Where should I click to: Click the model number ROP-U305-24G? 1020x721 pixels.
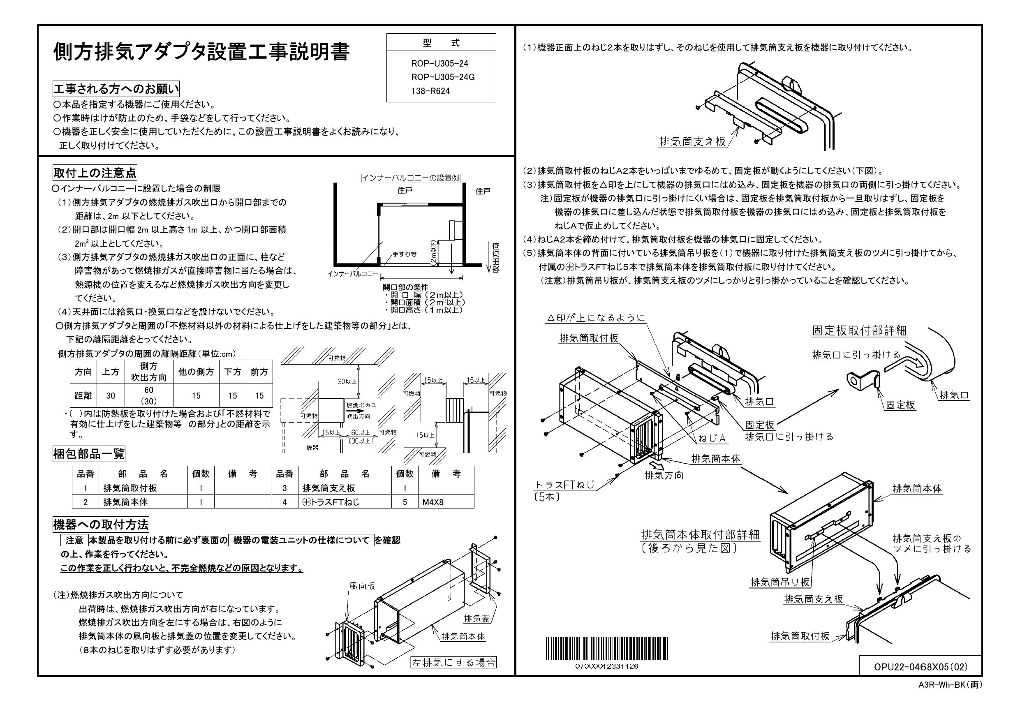tap(442, 77)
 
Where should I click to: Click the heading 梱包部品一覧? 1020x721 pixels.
tap(89, 453)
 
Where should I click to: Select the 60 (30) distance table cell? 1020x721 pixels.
tap(148, 395)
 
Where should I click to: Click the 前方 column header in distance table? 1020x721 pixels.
tap(259, 372)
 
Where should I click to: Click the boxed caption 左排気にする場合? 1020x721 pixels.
tap(453, 662)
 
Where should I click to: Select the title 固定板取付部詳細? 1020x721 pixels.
tap(859, 330)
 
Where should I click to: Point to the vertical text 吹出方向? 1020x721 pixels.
tap(496, 258)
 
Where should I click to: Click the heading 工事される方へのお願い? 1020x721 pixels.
tap(116, 89)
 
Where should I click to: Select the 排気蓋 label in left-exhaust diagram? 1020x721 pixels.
tap(476, 618)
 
